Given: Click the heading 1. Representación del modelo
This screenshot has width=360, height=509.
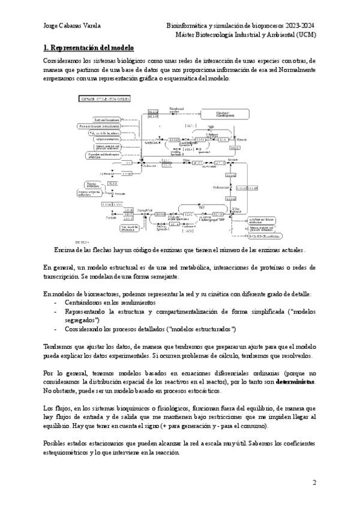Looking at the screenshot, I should click(88, 47).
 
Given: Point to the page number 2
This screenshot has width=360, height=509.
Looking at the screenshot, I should click(314, 483).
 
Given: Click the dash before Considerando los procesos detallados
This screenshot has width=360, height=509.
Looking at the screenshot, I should click(56, 330).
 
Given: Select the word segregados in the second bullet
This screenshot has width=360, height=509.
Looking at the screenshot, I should click(80, 321).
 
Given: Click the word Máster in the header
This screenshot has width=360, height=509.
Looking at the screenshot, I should click(186, 34).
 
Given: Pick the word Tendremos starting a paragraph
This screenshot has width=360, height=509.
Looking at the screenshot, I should click(61, 347).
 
